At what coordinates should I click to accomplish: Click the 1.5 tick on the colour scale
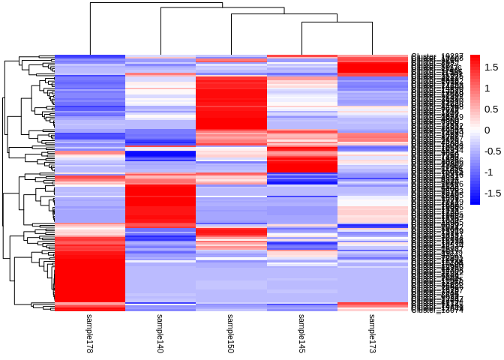tap(492, 67)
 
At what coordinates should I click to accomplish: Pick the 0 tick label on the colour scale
tap(487, 130)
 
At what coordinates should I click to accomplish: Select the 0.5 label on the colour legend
tap(492, 109)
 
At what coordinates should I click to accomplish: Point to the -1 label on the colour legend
tap(489, 172)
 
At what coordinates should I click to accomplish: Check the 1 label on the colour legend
tap(487, 88)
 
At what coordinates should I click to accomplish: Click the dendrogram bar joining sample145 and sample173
tap(337, 22)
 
